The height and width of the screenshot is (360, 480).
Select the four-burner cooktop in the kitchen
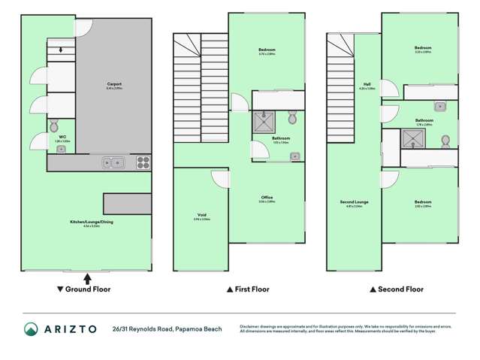tap(143, 162)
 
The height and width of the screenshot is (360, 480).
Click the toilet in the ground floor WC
tap(53, 125)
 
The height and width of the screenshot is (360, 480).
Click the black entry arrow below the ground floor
tap(87, 277)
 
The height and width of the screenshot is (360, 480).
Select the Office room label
tap(267, 198)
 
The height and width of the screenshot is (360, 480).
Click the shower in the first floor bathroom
tap(264, 121)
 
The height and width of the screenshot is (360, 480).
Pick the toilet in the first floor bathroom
tap(292, 117)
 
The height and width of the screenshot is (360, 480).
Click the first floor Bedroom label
tap(267, 50)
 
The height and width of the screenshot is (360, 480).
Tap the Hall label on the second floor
tap(367, 85)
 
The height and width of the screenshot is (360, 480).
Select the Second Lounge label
tap(355, 201)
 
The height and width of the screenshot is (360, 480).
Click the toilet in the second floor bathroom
tap(446, 141)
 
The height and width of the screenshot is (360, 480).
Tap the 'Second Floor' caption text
tap(400, 289)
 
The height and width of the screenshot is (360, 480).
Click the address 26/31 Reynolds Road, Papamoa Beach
tap(167, 328)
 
